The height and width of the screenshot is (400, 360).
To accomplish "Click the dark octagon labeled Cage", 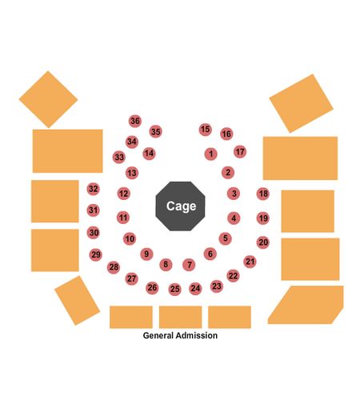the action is [x=181, y=206].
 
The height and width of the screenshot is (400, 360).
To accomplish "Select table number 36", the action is [x=135, y=121].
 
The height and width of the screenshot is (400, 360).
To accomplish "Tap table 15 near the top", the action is [x=206, y=130].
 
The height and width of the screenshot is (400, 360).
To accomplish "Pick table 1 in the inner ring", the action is [x=211, y=154].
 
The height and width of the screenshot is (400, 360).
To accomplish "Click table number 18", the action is [x=263, y=194].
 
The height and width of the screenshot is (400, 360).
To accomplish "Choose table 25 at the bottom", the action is [x=175, y=289].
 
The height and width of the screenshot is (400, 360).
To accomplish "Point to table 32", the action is [x=94, y=189].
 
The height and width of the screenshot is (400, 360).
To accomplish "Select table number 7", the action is [x=189, y=265].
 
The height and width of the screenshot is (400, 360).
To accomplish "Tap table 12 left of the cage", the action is [x=124, y=194].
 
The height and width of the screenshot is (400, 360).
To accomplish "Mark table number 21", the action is [x=250, y=262].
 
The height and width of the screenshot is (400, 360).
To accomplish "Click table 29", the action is [x=96, y=255].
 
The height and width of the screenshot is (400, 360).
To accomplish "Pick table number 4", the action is [x=234, y=218].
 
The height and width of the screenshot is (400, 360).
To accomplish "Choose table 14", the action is [x=149, y=154].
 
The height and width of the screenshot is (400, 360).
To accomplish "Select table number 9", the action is [x=146, y=254].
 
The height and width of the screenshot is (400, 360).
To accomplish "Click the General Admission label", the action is [x=180, y=335].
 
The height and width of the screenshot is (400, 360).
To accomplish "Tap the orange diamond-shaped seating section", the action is [x=48, y=99].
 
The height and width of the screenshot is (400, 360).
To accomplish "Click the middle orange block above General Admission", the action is [x=181, y=317].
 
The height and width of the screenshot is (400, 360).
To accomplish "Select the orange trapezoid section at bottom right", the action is [x=306, y=305].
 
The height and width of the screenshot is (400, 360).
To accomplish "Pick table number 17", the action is [x=240, y=152].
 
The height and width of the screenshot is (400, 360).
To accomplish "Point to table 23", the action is [x=217, y=286].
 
